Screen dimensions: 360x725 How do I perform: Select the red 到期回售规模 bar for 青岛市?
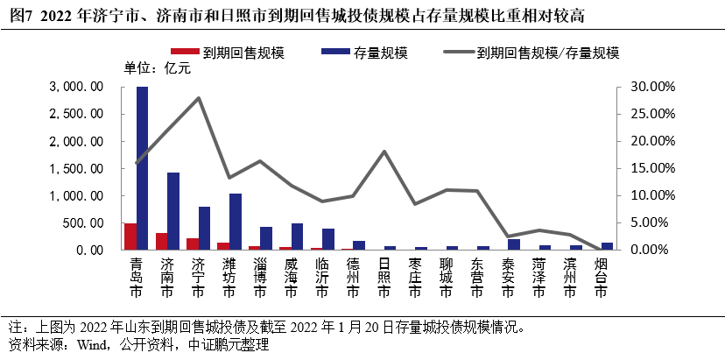coord(130,236)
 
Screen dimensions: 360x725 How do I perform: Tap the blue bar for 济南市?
coord(173,211)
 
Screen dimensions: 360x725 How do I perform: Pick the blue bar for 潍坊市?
coord(235,222)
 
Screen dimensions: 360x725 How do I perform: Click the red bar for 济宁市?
coord(193,244)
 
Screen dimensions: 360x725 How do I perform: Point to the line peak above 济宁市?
coord(199,98)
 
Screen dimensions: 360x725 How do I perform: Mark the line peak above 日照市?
coord(384,152)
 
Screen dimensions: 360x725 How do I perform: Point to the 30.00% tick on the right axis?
coord(649,87)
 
